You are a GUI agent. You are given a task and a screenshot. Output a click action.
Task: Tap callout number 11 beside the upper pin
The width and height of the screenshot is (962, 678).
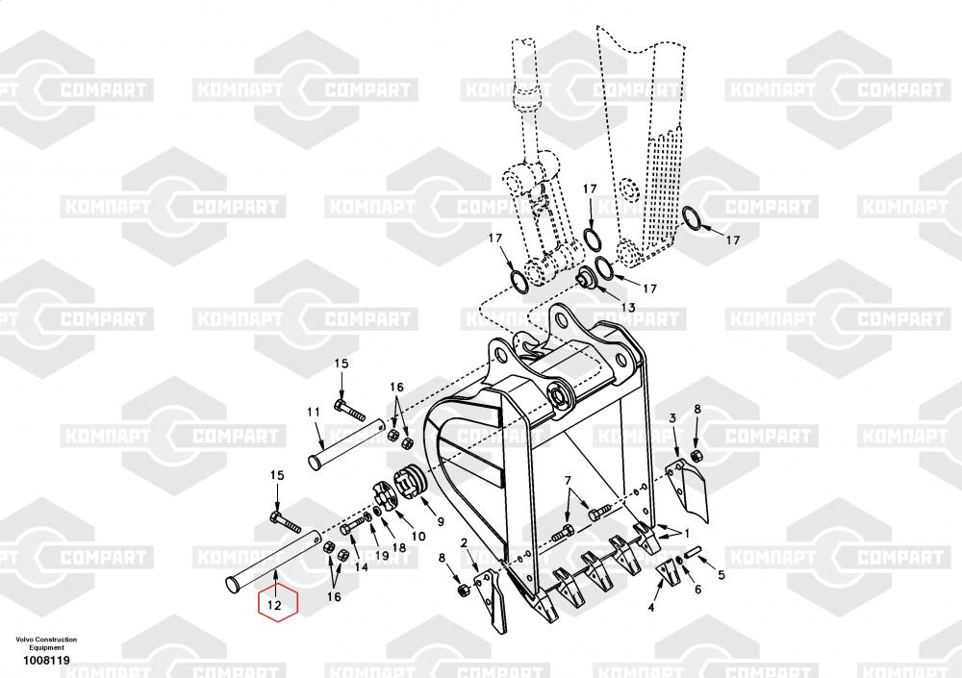(x=314, y=413)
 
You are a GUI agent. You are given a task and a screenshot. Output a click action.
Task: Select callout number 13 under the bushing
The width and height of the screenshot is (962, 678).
(x=628, y=308)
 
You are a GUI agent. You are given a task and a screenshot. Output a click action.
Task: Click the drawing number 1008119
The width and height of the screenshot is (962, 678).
(x=46, y=661)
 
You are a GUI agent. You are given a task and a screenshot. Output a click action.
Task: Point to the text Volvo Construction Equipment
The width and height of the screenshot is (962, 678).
(x=46, y=643)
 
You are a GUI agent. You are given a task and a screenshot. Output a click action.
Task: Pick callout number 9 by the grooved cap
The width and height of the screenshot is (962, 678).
(x=441, y=522)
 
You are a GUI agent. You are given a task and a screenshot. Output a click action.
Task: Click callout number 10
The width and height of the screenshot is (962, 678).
(x=418, y=537)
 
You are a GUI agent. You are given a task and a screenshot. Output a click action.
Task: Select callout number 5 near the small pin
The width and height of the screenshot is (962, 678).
(x=721, y=575)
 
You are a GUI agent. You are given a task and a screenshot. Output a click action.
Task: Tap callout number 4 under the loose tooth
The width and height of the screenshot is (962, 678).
(x=651, y=608)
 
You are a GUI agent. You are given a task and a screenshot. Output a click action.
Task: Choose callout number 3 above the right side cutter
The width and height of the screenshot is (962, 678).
(x=672, y=418)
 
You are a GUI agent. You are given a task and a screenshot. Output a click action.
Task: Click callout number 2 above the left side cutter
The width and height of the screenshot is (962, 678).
(x=464, y=543)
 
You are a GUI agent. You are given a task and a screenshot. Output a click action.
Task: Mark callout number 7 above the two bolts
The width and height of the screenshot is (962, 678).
(x=568, y=480)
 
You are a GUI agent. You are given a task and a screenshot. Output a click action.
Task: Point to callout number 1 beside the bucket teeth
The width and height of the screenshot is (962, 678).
(x=687, y=534)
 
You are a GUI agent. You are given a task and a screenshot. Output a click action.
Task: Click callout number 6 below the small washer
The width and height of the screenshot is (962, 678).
(x=697, y=590)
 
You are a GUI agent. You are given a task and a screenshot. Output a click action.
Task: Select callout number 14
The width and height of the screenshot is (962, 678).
(x=362, y=567)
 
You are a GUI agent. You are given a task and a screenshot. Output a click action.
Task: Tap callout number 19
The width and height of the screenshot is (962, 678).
(x=382, y=556)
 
